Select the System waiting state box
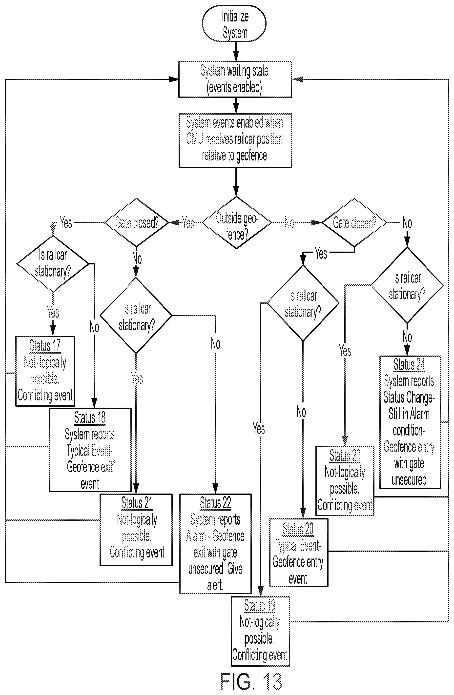(x=235, y=79)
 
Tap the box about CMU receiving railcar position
(x=235, y=140)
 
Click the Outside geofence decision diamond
(x=237, y=222)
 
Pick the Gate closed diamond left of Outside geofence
(x=136, y=222)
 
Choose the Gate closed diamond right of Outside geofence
(x=354, y=222)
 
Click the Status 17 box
(x=45, y=371)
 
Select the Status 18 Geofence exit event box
(x=90, y=450)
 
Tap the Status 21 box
(x=136, y=530)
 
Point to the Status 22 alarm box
(x=215, y=543)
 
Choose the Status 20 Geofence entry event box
(x=299, y=553)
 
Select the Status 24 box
(x=410, y=422)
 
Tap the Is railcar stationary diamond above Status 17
(x=53, y=264)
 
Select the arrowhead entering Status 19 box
(x=261, y=593)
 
